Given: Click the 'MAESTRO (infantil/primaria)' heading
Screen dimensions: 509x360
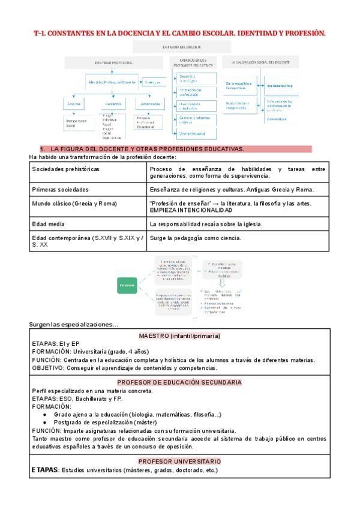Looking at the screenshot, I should coord(179,335).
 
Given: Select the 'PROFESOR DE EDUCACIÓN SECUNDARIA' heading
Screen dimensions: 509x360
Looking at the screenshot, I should coord(179,382).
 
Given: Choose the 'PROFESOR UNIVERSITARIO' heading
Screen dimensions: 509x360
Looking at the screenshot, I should coord(179,461).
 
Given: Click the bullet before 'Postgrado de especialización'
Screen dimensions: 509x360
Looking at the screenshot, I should coord(45,422).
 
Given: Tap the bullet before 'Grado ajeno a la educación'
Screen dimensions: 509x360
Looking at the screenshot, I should coord(45,414).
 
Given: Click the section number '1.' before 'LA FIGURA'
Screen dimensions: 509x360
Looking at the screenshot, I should coord(43,148).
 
